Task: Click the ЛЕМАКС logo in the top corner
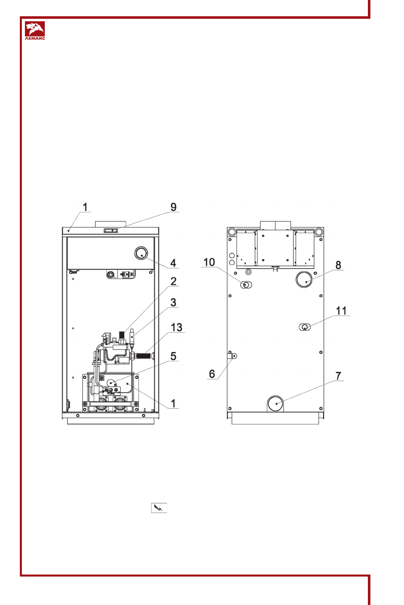(35, 31)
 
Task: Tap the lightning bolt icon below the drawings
(159, 508)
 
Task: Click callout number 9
(174, 207)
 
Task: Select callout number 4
(173, 263)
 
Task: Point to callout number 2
(173, 281)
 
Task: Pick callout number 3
(173, 302)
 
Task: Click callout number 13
(176, 327)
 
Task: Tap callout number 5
(173, 356)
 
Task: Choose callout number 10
(209, 263)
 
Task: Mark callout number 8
(338, 265)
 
